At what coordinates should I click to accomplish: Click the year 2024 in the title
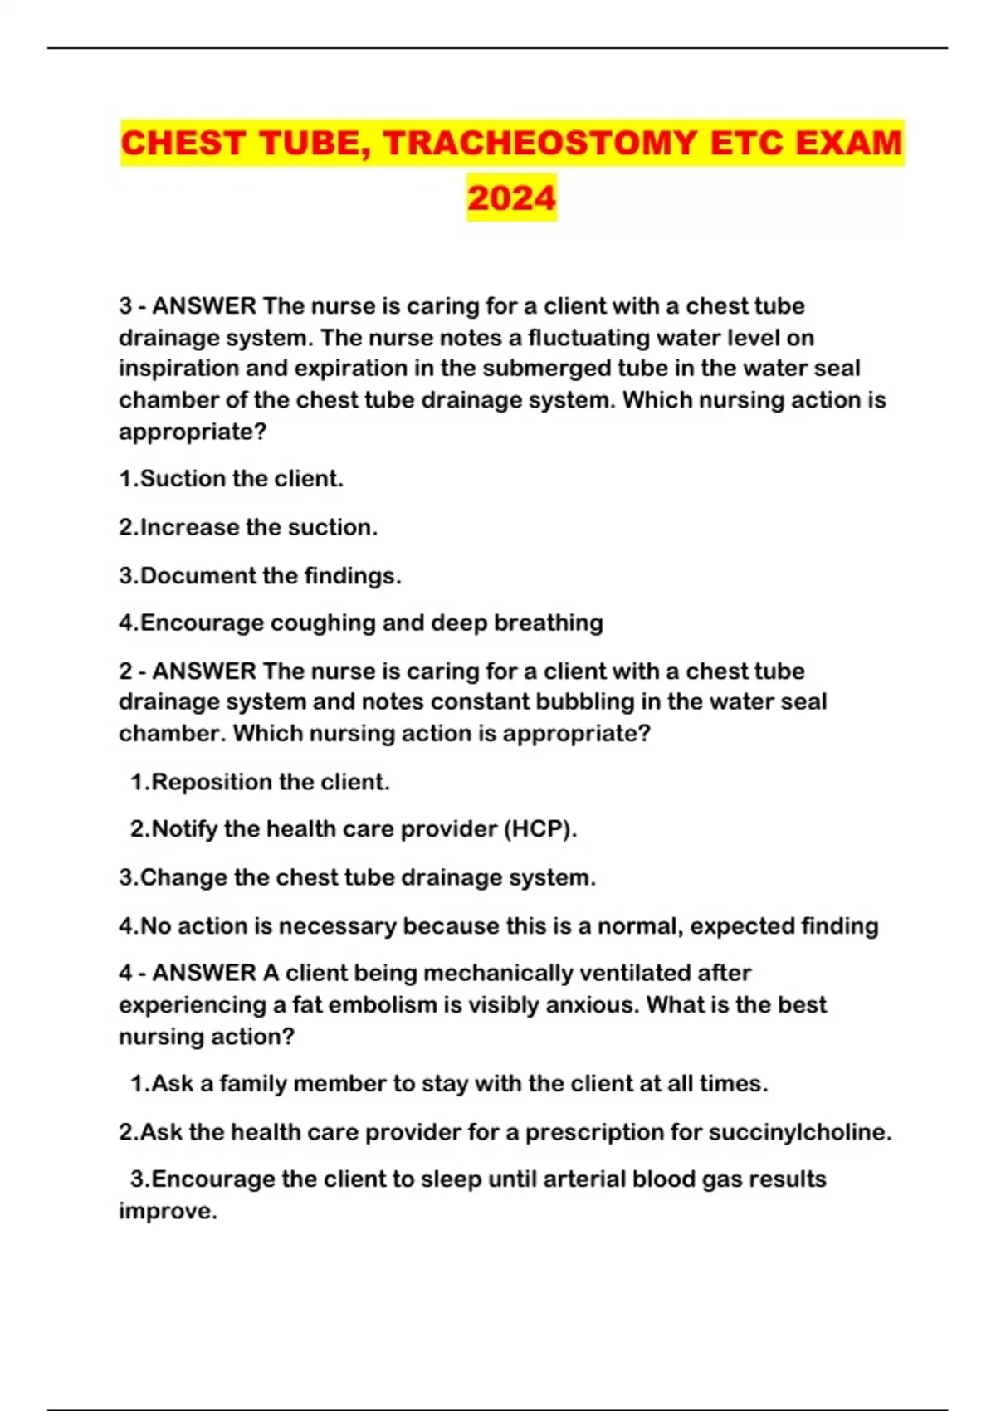click(x=511, y=198)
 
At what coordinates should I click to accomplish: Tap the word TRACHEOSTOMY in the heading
click(x=539, y=143)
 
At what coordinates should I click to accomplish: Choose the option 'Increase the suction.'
click(x=248, y=527)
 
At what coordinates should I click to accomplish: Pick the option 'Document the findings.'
click(x=260, y=575)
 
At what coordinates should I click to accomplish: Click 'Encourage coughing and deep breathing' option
click(x=361, y=622)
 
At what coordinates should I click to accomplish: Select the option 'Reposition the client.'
click(x=260, y=782)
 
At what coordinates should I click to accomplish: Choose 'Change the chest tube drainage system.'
click(x=357, y=877)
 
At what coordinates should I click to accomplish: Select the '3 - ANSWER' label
click(x=188, y=306)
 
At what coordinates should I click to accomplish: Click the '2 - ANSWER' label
click(x=188, y=671)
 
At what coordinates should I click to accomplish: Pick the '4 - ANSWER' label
click(x=188, y=973)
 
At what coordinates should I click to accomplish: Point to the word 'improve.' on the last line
click(x=168, y=1212)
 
